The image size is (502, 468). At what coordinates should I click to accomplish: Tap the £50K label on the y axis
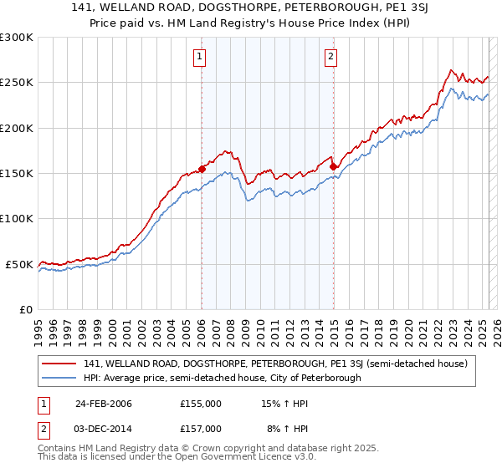tap(20, 264)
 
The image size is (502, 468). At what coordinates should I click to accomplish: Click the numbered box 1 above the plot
tap(201, 57)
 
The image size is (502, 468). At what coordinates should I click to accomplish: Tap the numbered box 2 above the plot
tap(331, 57)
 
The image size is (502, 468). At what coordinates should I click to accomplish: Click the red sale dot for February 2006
tap(202, 169)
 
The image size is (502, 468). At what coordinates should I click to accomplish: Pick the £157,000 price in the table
tap(201, 428)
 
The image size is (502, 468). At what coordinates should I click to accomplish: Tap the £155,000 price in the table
tap(201, 404)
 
